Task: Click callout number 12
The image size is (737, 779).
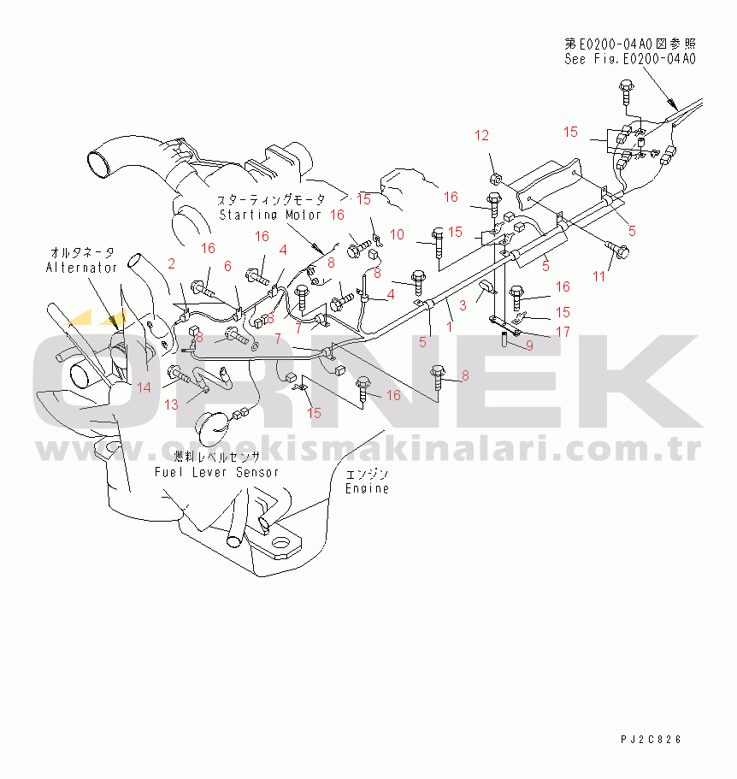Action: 482,135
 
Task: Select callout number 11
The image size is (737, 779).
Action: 599,275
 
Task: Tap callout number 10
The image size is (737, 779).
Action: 398,234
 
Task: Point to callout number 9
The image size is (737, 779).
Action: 529,345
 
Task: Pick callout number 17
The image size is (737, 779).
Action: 563,332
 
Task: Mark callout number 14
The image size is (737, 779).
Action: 144,387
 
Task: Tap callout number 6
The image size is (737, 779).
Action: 227,266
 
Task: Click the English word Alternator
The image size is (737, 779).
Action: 81,268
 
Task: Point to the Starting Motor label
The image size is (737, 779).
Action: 270,215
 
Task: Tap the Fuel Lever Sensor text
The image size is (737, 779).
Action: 216,472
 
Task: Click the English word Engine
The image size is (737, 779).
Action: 367,489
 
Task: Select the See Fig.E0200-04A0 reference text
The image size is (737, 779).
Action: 629,59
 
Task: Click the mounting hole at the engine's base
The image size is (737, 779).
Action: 280,543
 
